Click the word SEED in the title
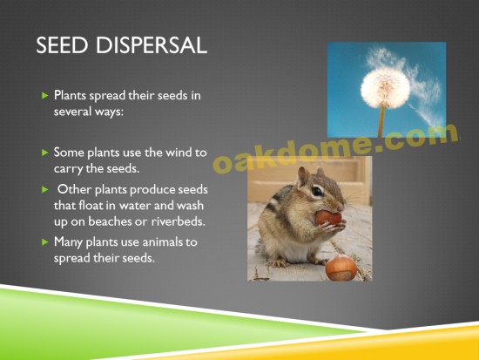pos(62,45)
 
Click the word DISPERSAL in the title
pos(152,45)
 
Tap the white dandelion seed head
pos(385,87)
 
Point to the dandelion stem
pos(381,121)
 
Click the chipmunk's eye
pos(317,192)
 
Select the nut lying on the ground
pos(341,268)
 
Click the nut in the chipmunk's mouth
pos(328,218)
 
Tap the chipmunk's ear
pos(303,176)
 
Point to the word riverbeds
pos(178,221)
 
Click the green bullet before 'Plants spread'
pos(45,95)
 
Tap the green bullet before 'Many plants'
pos(45,242)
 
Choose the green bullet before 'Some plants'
pos(45,153)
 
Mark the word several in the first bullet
pos(72,112)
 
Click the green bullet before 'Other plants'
pos(45,190)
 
